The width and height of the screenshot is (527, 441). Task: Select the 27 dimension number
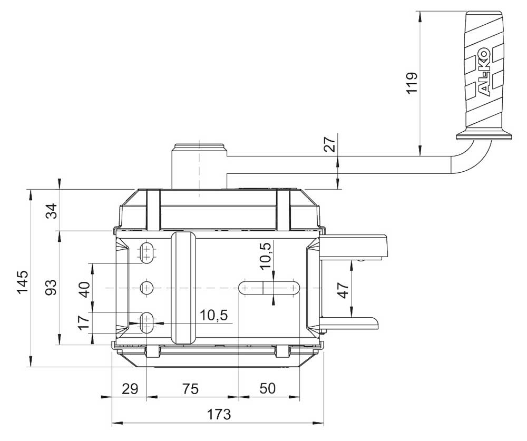pyautogui.click(x=331, y=144)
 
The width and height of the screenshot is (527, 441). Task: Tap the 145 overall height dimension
pyautogui.click(x=23, y=282)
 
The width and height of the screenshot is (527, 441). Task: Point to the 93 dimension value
pyautogui.click(x=51, y=287)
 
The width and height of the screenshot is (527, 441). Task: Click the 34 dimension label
pyautogui.click(x=52, y=211)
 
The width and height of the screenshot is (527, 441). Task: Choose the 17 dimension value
pyautogui.click(x=84, y=322)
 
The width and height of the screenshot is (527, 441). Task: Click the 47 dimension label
pyautogui.click(x=343, y=290)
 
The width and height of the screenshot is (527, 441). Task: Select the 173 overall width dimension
pyautogui.click(x=219, y=414)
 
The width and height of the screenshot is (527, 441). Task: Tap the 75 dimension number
pyautogui.click(x=190, y=388)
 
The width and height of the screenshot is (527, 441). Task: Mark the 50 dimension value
pyautogui.click(x=268, y=388)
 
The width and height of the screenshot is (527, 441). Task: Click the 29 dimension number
pyautogui.click(x=130, y=389)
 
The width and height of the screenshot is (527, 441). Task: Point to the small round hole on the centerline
pyautogui.click(x=147, y=288)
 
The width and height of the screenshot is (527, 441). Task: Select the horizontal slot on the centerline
pyautogui.click(x=269, y=288)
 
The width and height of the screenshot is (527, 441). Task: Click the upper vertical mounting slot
pyautogui.click(x=147, y=253)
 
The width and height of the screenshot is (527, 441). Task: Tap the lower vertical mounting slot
pyautogui.click(x=147, y=322)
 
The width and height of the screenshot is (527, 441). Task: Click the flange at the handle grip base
pyautogui.click(x=484, y=135)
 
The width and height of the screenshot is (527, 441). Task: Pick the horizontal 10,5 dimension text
pyautogui.click(x=214, y=315)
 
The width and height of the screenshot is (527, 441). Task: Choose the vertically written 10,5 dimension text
pyautogui.click(x=265, y=256)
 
